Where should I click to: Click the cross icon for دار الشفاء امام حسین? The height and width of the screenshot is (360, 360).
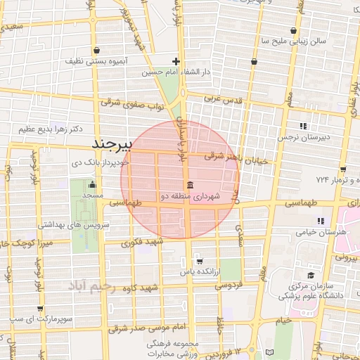(x=176, y=61)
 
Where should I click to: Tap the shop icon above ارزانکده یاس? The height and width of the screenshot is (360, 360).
(x=199, y=259)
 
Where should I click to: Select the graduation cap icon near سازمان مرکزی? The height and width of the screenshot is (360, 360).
(x=311, y=276)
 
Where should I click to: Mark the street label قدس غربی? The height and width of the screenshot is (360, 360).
(x=223, y=100)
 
